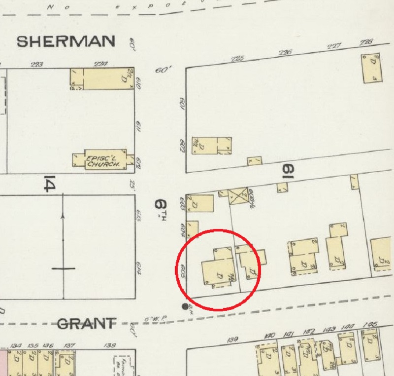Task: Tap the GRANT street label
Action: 86,324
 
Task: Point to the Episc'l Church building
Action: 103,160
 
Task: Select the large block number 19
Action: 287,171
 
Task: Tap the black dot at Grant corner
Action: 185,306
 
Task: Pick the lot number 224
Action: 100,64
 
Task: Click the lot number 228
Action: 366,42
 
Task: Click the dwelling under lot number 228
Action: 372,69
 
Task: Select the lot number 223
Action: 36,64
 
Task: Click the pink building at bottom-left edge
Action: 3,363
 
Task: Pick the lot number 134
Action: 17,345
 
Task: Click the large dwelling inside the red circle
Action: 217,273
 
